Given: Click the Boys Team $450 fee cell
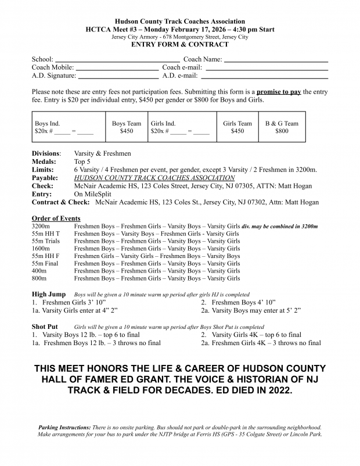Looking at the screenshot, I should click(x=126, y=127).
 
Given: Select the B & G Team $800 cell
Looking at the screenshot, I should click(x=282, y=127).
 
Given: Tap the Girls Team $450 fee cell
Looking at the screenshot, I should click(x=237, y=127).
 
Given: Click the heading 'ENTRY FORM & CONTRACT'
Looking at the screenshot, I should click(x=180, y=44).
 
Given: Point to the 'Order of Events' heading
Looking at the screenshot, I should click(x=56, y=218).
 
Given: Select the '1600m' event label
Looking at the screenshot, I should click(x=42, y=249).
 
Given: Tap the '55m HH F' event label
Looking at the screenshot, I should click(x=45, y=256).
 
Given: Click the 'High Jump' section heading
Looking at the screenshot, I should click(x=49, y=294).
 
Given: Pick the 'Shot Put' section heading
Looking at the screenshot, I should click(x=45, y=327).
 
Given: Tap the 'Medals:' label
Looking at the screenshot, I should click(x=44, y=162).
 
